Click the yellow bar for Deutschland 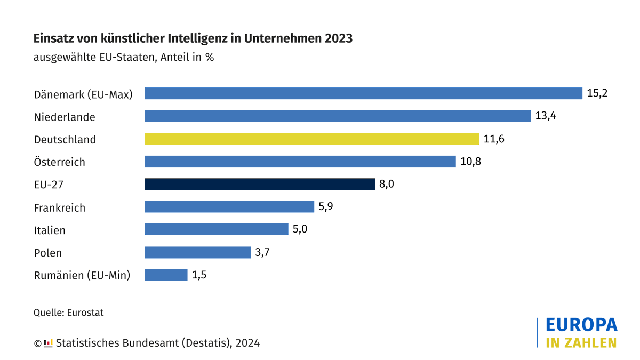(x=312, y=139)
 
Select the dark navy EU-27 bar (x=260, y=184)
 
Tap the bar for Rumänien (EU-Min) (x=166, y=275)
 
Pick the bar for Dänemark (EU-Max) (x=363, y=93)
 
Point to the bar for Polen (x=197, y=252)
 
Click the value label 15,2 (x=597, y=93)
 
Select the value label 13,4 (x=546, y=116)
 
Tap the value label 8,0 (x=387, y=184)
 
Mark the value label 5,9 (x=326, y=207)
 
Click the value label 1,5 (x=199, y=275)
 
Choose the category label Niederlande (x=65, y=117)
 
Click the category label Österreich (x=59, y=162)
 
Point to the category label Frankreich (x=59, y=208)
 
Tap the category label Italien (x=50, y=230)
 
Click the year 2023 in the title (x=337, y=39)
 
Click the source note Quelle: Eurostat (x=68, y=313)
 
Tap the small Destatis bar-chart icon (x=48, y=343)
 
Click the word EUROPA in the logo (x=581, y=325)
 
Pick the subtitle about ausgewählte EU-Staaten (x=123, y=57)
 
